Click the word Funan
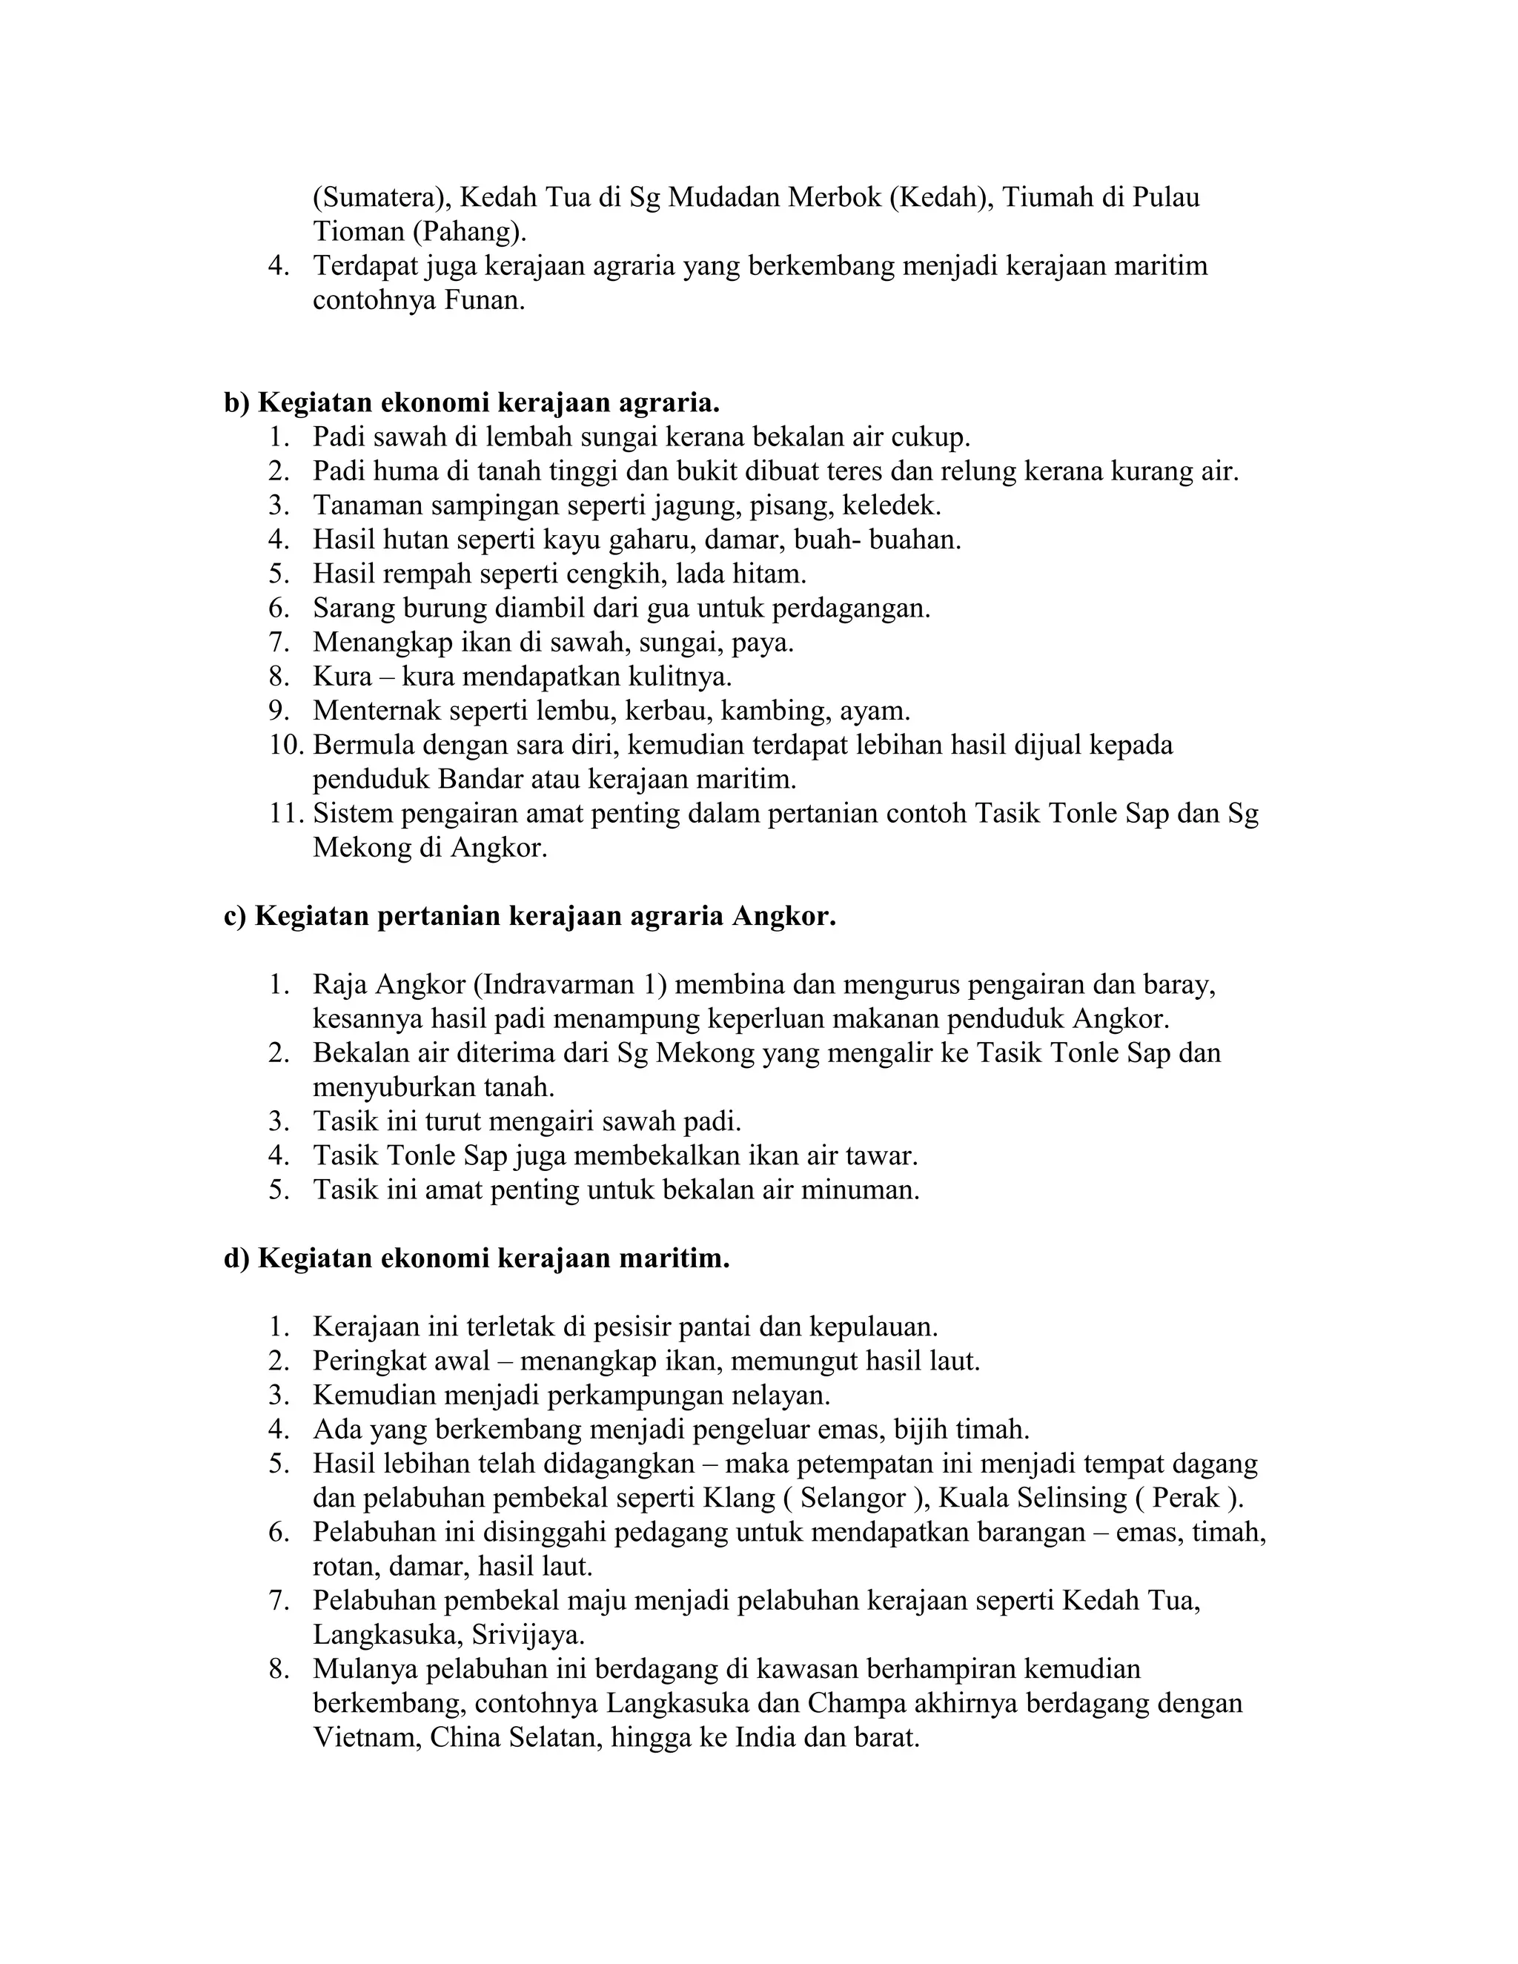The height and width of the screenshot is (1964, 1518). (x=483, y=300)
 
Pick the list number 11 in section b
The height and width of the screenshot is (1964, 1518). (x=286, y=814)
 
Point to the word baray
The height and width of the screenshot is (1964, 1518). (x=1178, y=985)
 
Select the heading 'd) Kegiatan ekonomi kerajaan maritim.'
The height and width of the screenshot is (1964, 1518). (x=476, y=1259)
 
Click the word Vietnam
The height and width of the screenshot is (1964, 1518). (x=367, y=1738)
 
